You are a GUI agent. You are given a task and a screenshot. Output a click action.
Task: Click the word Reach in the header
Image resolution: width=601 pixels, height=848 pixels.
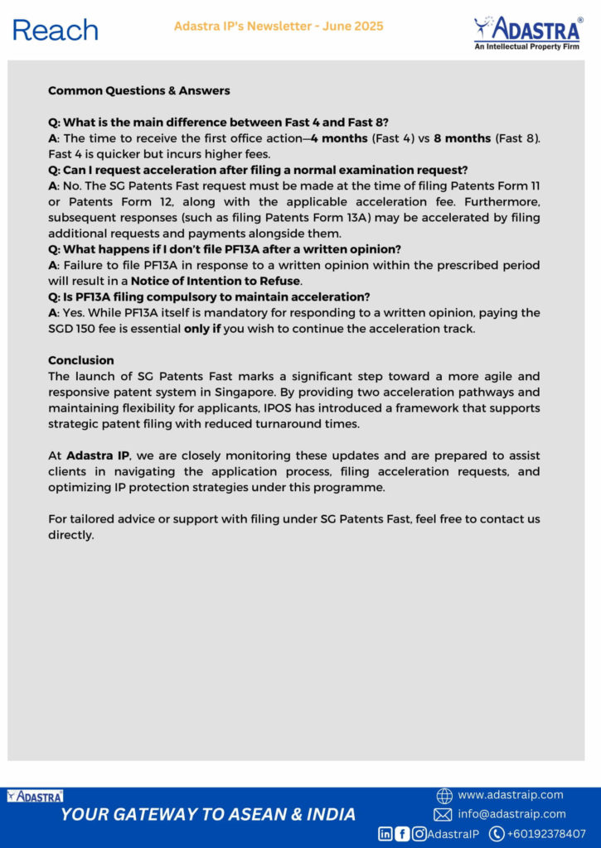pos(56,30)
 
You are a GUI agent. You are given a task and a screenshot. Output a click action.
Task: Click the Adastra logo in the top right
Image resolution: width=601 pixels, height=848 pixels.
pos(527,31)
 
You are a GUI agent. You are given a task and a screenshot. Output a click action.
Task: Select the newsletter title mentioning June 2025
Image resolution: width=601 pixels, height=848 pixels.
pos(279,26)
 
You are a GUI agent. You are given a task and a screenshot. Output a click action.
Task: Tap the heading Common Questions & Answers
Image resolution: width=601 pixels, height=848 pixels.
pos(139,90)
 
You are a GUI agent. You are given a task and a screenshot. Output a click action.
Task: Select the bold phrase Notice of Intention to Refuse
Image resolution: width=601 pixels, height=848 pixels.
pos(216,282)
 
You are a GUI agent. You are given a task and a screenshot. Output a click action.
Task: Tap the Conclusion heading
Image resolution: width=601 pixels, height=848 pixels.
pos(81,360)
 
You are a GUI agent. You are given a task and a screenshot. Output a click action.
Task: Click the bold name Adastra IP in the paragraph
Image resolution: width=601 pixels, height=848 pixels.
pos(97,456)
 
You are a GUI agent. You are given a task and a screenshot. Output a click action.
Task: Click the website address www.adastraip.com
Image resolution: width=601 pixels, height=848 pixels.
pos(510,795)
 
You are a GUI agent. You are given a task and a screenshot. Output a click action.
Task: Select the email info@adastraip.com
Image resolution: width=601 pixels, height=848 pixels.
pos(511,814)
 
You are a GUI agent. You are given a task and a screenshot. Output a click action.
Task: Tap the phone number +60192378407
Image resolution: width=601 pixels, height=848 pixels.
pos(546,834)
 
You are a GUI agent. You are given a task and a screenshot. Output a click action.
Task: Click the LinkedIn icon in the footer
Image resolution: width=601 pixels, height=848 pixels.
pos(385,834)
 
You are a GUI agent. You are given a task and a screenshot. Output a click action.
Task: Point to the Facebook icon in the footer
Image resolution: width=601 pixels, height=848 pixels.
pos(402,834)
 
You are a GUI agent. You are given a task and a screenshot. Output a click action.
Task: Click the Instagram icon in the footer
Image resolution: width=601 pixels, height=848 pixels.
pos(419,834)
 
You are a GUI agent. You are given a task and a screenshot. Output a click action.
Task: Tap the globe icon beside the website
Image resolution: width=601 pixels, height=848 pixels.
pos(444,796)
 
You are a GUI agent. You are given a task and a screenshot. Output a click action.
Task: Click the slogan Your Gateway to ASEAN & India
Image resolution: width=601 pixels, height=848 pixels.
pos(208,814)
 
